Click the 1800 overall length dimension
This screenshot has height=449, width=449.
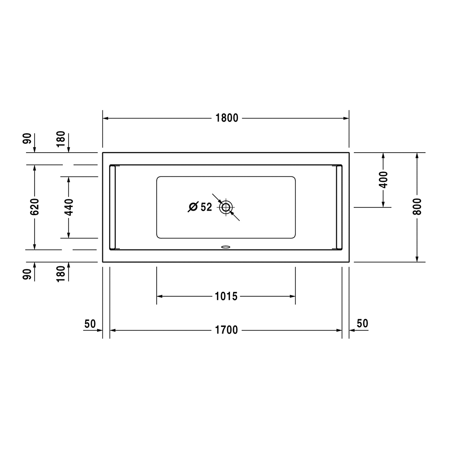[226, 118]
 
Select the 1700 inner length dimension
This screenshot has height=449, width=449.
[226, 330]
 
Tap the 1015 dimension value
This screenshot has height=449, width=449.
[226, 296]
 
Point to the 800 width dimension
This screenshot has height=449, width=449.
[417, 207]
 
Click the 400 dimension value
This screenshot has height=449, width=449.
[383, 180]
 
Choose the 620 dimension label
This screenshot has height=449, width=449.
[35, 207]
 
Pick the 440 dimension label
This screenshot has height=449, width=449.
[68, 207]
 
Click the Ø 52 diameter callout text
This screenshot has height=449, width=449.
[200, 207]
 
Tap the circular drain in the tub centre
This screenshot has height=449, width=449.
[226, 207]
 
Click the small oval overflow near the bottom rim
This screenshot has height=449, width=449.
[226, 246]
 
